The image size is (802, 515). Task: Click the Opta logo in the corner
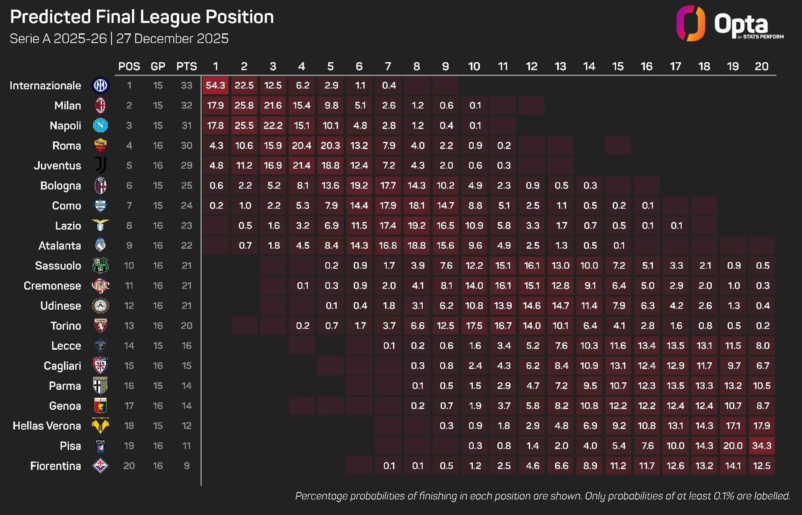[x=729, y=24]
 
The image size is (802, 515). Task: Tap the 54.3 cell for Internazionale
[x=216, y=86]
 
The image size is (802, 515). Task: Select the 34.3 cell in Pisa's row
[x=761, y=446]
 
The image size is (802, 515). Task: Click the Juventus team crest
[x=100, y=166]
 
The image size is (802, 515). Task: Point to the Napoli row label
[x=65, y=126]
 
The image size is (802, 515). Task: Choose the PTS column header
[x=186, y=66]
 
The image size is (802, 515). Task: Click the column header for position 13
[x=560, y=66]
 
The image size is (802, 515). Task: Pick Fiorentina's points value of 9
[x=186, y=466]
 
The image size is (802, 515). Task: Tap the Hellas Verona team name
[x=47, y=426]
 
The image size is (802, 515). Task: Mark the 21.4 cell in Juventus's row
[x=302, y=166]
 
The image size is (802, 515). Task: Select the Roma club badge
[x=100, y=146]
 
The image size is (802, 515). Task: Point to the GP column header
[x=158, y=66]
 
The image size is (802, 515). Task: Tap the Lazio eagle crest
[x=100, y=225]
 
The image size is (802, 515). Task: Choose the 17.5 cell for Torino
[x=474, y=326]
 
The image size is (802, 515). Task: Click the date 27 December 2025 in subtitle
[x=172, y=38]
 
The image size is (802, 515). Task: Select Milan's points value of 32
[x=186, y=106]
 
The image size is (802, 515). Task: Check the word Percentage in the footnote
[x=322, y=496]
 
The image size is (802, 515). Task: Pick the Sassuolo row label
[x=58, y=265]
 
